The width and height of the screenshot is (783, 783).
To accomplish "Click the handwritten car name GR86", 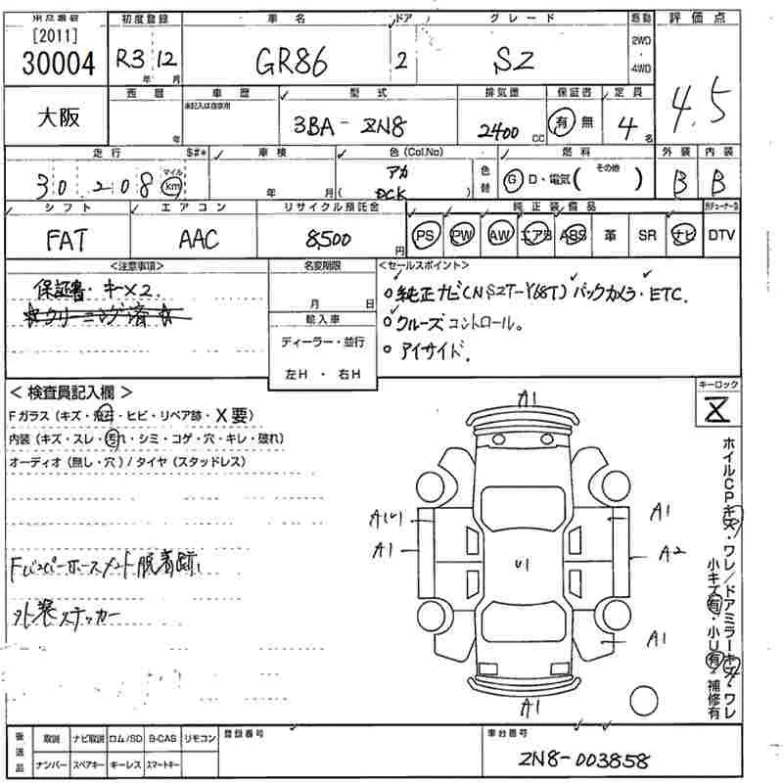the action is tap(291, 65).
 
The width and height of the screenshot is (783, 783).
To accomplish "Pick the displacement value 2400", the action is tap(498, 131).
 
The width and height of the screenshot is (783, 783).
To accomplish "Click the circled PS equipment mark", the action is tap(425, 235).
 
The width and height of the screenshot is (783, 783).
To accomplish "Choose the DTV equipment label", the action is tap(720, 235).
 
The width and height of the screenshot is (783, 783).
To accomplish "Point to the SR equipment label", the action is tap(647, 235).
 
